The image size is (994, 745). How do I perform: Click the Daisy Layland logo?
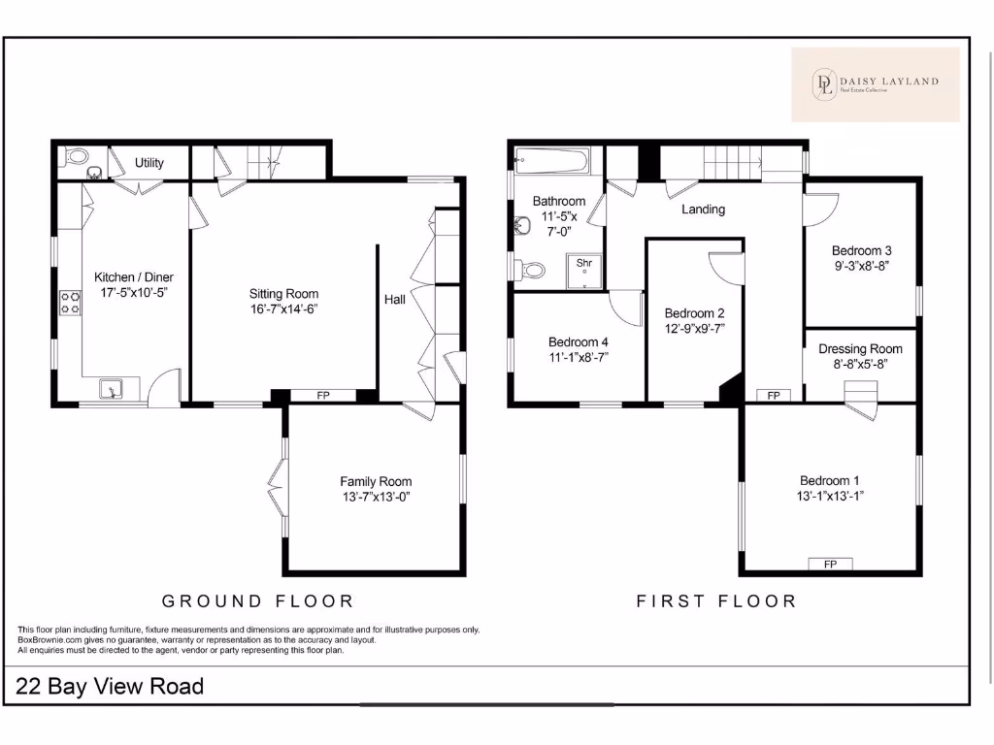pos(875,84)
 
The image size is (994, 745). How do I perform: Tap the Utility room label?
pos(149,163)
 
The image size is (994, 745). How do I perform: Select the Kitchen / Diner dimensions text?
pos(134,292)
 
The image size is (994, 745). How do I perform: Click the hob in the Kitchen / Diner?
pos(71,303)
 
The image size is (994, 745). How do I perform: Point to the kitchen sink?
pos(114,391)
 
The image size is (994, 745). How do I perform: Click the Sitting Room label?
pos(283,294)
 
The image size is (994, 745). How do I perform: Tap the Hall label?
pos(395,301)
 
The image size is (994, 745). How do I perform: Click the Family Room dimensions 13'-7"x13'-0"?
pos(376,497)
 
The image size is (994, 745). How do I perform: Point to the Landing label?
pos(703,209)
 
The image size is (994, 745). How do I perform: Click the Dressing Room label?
pos(860,349)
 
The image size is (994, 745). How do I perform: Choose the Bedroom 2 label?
pos(694,313)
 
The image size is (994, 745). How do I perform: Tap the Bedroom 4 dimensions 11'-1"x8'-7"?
pos(579,357)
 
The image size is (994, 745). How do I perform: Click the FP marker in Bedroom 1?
pos(830,564)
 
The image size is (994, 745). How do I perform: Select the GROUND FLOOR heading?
pos(257,601)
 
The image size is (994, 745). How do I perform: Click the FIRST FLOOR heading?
pos(716,601)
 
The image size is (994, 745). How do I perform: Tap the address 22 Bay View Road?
pos(111,687)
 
